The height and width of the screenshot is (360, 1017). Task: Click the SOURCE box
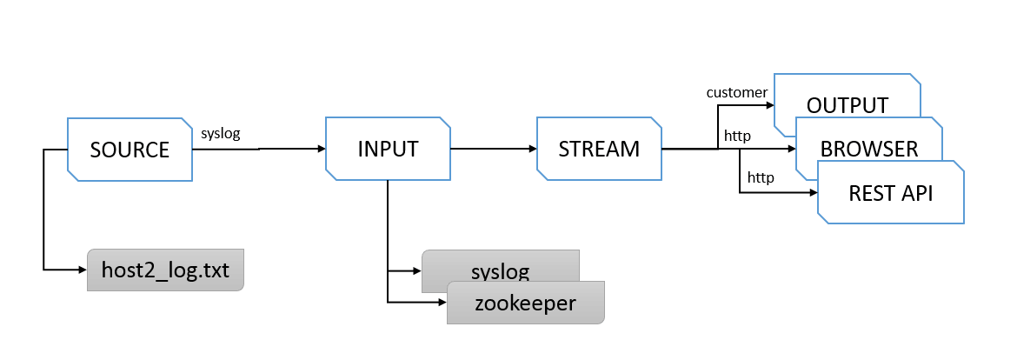[130, 150]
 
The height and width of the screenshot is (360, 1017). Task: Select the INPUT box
[388, 149]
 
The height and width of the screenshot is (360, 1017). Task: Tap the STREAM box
[599, 149]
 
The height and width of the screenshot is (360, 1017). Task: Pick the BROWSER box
[869, 149]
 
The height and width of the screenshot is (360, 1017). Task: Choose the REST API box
[890, 193]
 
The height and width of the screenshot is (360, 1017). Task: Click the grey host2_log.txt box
[165, 270]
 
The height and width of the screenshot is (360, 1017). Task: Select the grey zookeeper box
[525, 303]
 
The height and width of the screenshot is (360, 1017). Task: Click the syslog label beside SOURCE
[221, 134]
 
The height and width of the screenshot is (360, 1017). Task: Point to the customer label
[737, 93]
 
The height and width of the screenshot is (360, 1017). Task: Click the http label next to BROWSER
[737, 137]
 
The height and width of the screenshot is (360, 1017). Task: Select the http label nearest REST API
[761, 177]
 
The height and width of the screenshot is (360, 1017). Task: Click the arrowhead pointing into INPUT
[321, 149]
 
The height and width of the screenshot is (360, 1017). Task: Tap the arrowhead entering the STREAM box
[533, 149]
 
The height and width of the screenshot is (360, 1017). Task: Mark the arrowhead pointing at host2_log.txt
[83, 269]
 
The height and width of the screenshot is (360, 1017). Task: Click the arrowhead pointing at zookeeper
[442, 303]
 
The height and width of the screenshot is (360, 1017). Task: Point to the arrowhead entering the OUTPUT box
[770, 105]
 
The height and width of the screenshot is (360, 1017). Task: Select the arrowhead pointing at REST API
[813, 192]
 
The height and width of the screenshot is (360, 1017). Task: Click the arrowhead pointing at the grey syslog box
[417, 270]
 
